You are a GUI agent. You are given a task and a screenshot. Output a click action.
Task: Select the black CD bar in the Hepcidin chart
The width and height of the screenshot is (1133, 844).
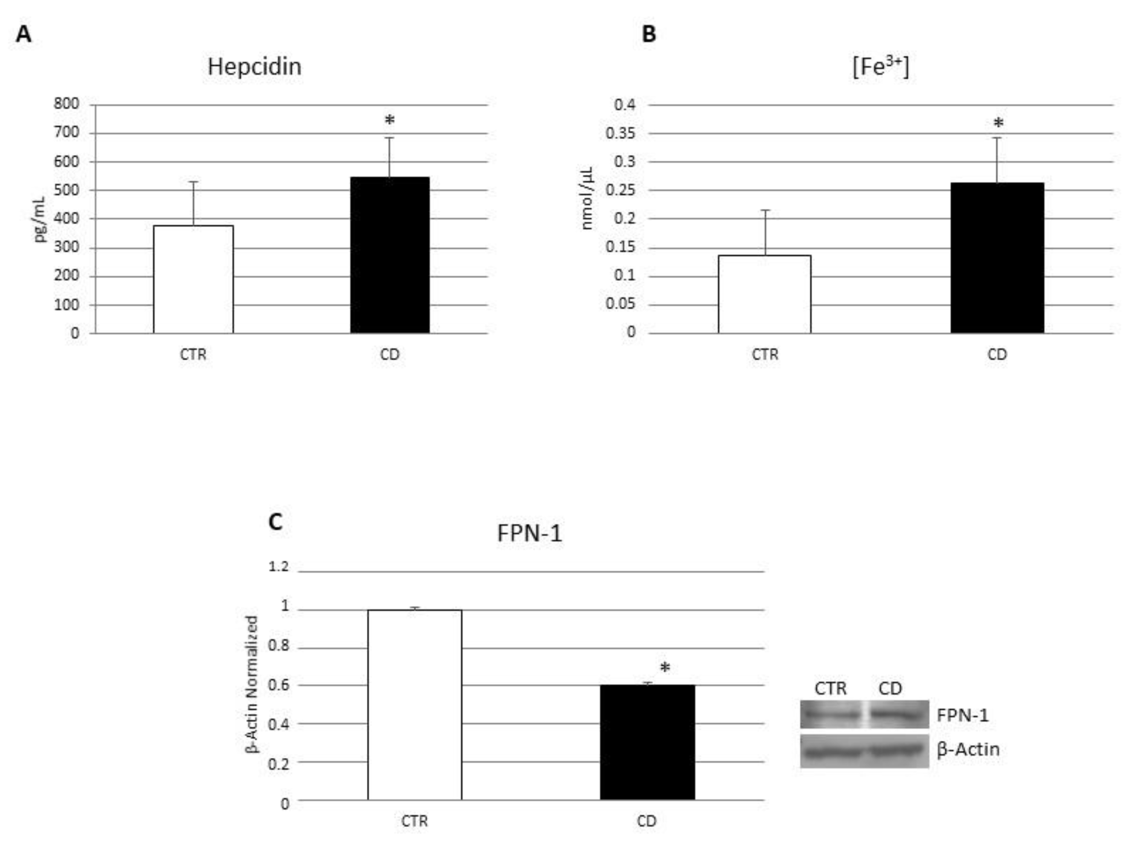pyautogui.click(x=389, y=255)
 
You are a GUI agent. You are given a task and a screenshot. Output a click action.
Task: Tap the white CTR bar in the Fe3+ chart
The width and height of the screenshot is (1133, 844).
pyautogui.click(x=764, y=294)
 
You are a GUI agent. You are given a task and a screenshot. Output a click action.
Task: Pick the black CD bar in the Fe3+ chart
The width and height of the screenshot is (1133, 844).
pyautogui.click(x=997, y=257)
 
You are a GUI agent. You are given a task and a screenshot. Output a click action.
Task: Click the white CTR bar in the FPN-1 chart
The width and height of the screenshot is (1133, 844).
pyautogui.click(x=415, y=705)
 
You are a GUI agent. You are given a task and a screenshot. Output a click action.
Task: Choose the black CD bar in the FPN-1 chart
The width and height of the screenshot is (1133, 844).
pyautogui.click(x=647, y=742)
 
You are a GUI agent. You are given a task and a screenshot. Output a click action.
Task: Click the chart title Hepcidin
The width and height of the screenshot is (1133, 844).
pyautogui.click(x=254, y=67)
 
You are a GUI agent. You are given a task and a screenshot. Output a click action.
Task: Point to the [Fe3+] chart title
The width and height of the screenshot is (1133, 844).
pyautogui.click(x=880, y=67)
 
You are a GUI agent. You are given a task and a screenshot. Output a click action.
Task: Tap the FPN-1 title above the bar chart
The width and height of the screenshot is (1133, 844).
pyautogui.click(x=529, y=533)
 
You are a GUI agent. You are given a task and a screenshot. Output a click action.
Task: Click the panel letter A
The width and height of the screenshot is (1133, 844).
pyautogui.click(x=23, y=35)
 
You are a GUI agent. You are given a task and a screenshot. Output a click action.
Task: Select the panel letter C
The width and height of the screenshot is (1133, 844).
pyautogui.click(x=275, y=522)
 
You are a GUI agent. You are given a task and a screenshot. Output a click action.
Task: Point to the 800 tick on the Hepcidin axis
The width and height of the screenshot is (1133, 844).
pyautogui.click(x=67, y=104)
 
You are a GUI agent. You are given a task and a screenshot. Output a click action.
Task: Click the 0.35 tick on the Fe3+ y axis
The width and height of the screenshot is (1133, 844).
pyautogui.click(x=620, y=133)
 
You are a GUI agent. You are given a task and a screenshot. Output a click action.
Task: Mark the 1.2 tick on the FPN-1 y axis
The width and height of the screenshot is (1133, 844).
pyautogui.click(x=279, y=567)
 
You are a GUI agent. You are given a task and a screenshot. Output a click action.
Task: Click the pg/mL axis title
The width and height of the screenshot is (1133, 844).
pyautogui.click(x=40, y=219)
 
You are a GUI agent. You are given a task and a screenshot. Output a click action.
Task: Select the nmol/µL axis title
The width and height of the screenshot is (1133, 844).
pyautogui.click(x=587, y=198)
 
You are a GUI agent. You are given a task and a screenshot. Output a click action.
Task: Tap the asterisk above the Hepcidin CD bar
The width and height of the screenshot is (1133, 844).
pyautogui.click(x=389, y=121)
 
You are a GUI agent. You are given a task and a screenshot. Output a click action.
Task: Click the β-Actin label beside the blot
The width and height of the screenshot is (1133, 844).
pyautogui.click(x=968, y=749)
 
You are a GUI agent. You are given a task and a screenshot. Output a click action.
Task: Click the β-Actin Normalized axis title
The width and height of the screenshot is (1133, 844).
pyautogui.click(x=252, y=685)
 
